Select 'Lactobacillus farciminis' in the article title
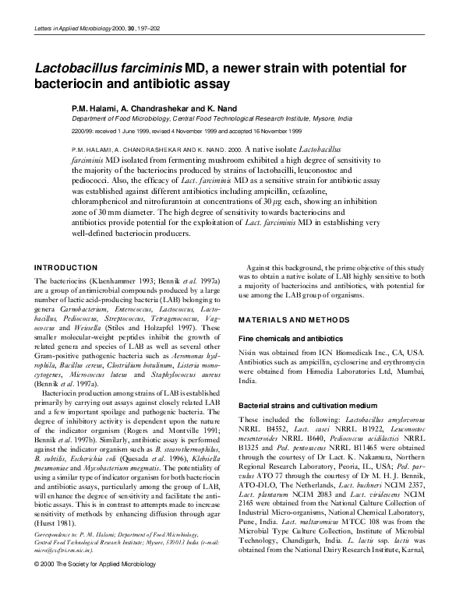pos(108,66)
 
